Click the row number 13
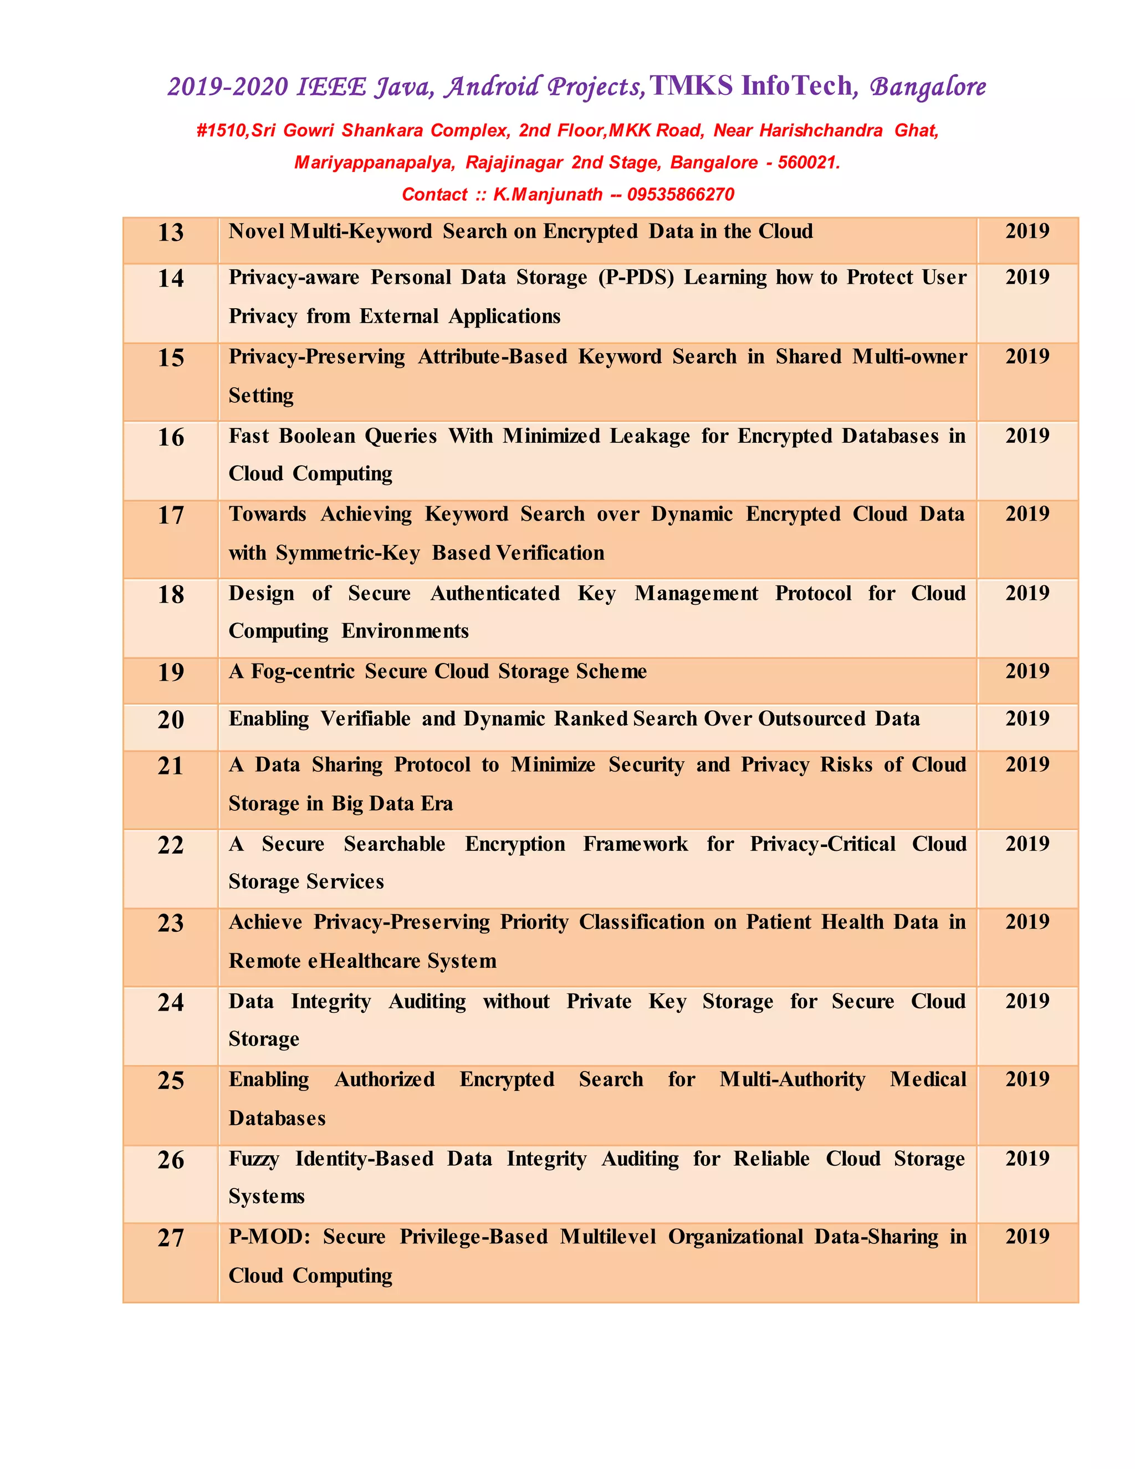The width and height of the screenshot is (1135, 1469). tap(171, 233)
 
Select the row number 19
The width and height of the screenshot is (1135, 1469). tap(171, 672)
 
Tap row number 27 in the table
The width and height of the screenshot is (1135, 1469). tap(171, 1238)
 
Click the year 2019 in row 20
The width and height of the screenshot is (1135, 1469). tap(1027, 718)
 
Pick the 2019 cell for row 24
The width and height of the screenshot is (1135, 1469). tap(1027, 1001)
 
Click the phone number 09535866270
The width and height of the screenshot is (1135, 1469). tap(681, 195)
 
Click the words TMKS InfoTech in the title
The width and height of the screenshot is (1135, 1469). tap(750, 86)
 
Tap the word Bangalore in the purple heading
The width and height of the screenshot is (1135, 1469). tap(928, 87)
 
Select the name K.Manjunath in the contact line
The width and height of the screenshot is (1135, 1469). tap(548, 195)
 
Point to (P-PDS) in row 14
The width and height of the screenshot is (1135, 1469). tap(636, 278)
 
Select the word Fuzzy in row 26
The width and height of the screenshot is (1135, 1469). tap(253, 1159)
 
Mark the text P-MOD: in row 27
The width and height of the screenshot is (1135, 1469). tap(269, 1237)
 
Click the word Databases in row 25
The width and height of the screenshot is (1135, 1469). tap(277, 1118)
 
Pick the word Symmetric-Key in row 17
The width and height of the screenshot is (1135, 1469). tap(347, 553)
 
